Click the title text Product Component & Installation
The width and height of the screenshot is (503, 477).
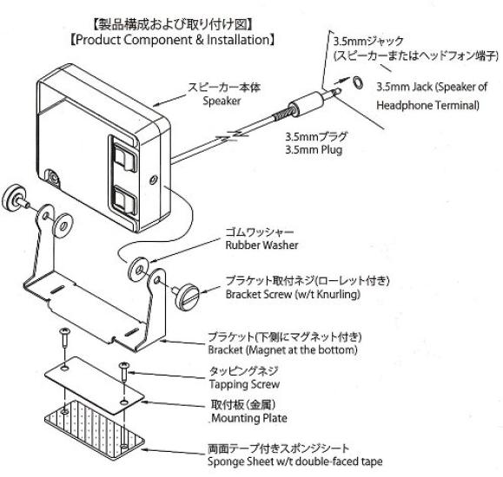point(173,40)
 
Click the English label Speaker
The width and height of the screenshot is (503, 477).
point(222,101)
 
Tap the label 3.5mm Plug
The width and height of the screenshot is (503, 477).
point(314,150)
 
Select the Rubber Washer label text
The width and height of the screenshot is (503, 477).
point(261,245)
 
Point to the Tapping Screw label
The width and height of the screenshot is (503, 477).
point(244,384)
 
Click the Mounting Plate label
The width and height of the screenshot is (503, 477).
point(249,418)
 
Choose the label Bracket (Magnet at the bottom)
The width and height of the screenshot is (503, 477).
point(282,350)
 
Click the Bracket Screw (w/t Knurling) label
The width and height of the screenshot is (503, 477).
point(293,294)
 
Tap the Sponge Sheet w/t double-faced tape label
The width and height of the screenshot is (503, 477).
point(295,461)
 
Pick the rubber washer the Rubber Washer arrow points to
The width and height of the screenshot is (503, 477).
point(138,269)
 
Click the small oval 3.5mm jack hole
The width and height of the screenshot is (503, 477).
point(358,82)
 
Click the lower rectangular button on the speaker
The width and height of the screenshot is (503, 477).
point(125,200)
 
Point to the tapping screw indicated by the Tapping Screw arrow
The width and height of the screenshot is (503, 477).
point(124,371)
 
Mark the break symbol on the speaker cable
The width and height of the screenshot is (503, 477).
point(232,136)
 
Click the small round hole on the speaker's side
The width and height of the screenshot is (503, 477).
point(154,180)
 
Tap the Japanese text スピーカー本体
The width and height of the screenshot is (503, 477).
point(224,88)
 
